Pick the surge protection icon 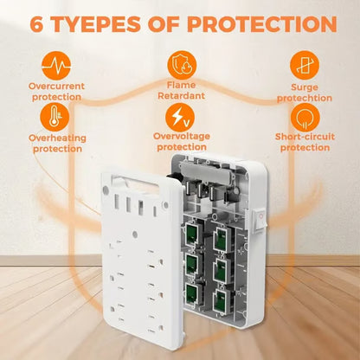[303, 65]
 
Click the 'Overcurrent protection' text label [57, 92]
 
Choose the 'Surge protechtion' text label [303, 93]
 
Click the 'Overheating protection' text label [57, 143]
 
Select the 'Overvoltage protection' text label [182, 142]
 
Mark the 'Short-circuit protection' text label [303, 143]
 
